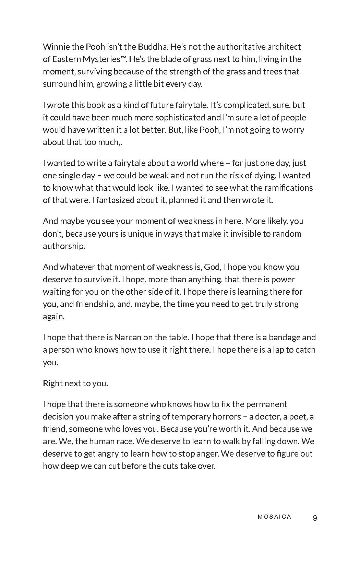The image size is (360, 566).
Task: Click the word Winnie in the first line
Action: coord(55,47)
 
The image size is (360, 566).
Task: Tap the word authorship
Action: coord(64,246)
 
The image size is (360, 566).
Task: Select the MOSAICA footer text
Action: coord(274,517)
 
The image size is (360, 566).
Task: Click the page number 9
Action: coord(315,518)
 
